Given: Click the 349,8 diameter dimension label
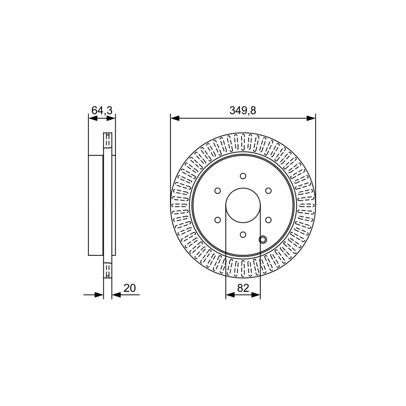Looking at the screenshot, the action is tap(243, 111).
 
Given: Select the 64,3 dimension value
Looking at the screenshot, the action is tap(102, 110).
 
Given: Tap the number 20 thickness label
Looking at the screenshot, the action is tap(129, 288).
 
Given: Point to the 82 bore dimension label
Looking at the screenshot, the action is tap(243, 288).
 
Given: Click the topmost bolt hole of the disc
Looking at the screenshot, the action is tap(243, 176).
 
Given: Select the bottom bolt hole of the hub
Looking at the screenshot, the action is tap(243, 234).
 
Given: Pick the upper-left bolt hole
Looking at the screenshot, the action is tap(218, 191).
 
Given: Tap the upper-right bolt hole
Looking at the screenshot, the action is tap(268, 191).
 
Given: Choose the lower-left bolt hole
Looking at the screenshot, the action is tap(218, 220).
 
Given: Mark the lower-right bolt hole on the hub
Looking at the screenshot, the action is tap(268, 220).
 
